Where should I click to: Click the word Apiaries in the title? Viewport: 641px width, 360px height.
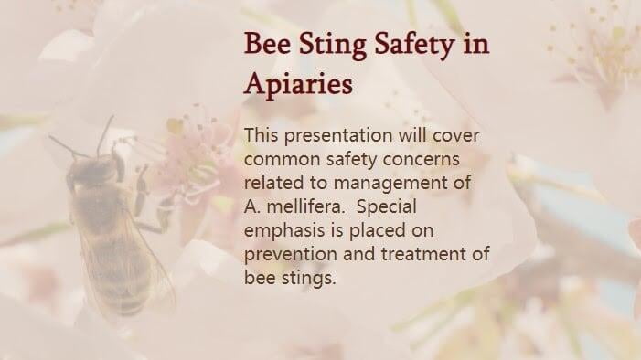(298, 84)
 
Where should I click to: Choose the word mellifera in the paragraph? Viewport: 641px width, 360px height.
(304, 206)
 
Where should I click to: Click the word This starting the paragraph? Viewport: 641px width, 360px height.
(262, 136)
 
